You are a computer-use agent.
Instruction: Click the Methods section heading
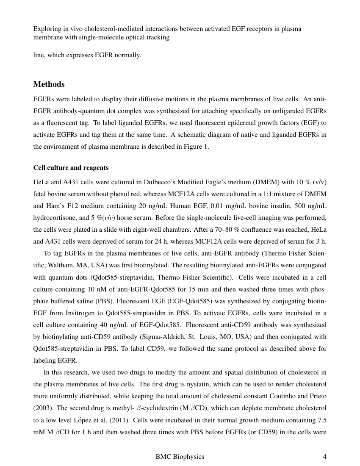49,84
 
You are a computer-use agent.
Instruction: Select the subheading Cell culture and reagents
71,168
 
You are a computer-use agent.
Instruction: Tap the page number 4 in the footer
324,457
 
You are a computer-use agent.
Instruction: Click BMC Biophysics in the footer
180,457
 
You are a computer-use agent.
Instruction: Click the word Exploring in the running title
47,29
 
